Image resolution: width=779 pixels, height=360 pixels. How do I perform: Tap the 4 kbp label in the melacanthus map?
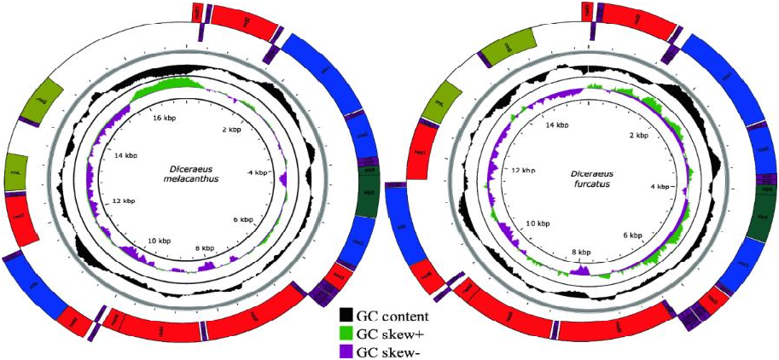tap(255, 173)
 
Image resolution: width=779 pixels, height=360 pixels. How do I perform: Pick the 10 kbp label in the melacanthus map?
tap(160, 240)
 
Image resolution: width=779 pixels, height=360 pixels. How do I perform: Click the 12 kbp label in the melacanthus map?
tap(125, 200)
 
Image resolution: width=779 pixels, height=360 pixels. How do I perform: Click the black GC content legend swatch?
tap(347, 313)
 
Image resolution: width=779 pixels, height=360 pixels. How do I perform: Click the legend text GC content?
tap(392, 313)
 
